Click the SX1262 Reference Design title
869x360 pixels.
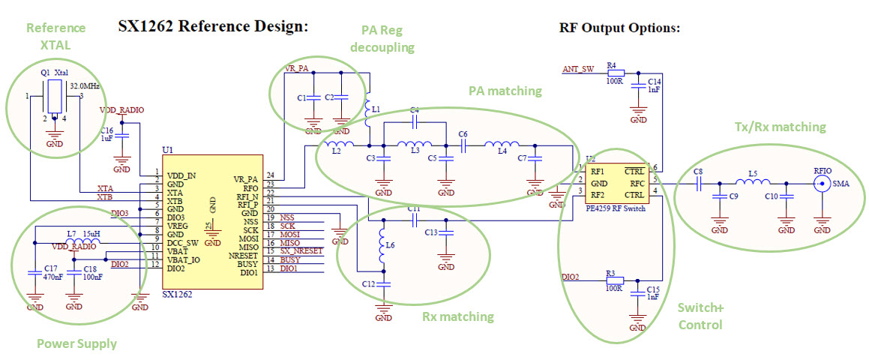[x=214, y=27]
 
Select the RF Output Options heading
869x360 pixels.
[x=619, y=28]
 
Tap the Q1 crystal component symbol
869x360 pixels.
[x=55, y=97]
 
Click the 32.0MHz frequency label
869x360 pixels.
[x=85, y=85]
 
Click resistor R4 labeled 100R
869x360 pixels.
[x=612, y=73]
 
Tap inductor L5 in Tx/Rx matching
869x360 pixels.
[x=753, y=182]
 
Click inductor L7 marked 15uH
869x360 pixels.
[x=79, y=242]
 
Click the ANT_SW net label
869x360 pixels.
[x=578, y=70]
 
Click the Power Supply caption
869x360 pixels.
[x=76, y=344]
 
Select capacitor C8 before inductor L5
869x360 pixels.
[x=698, y=182]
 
